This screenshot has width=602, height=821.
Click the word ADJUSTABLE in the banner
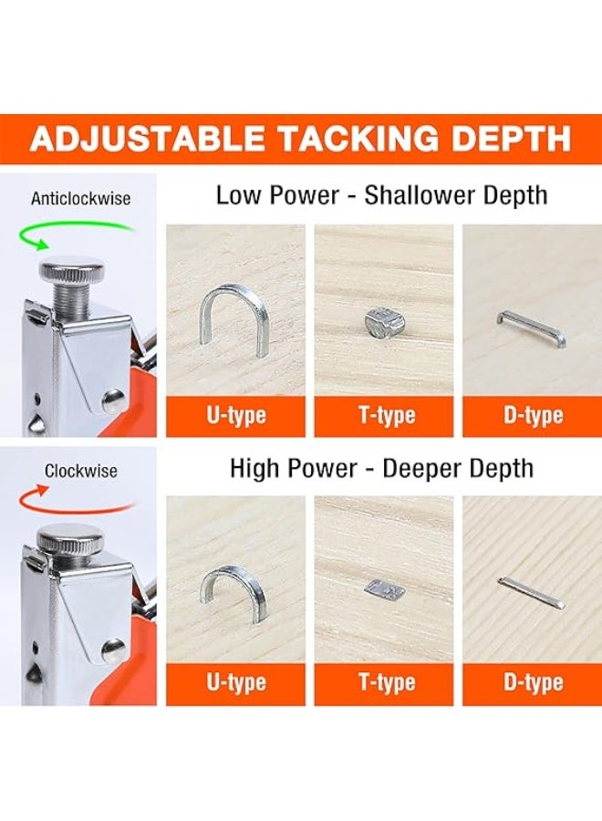(147, 139)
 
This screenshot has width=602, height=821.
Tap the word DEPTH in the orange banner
(511, 139)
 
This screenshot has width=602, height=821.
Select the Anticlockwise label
(80, 199)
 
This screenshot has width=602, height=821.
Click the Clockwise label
(80, 471)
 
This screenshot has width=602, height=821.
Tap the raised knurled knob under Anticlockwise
(72, 270)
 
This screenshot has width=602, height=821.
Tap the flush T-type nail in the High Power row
(385, 589)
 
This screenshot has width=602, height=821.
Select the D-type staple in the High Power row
(532, 592)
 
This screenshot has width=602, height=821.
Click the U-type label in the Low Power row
(236, 416)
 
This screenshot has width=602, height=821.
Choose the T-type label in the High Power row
(387, 682)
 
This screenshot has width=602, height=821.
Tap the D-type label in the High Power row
(534, 682)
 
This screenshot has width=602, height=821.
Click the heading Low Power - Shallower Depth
(381, 195)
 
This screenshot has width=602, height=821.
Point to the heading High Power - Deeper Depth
(381, 468)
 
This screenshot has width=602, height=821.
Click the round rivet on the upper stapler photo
(113, 400)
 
